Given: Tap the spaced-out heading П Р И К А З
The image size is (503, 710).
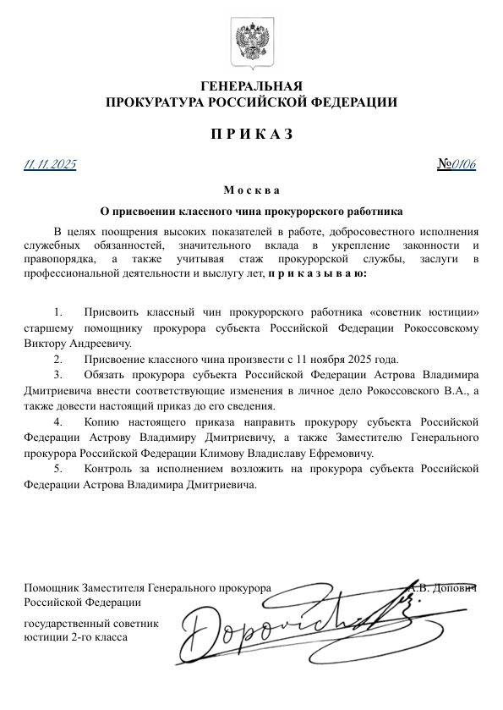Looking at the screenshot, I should click(251, 135).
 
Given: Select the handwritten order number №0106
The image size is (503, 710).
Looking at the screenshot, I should click(457, 164).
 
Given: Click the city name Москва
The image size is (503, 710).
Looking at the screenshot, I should click(251, 190).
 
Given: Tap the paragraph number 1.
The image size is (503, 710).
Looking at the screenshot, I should click(57, 313).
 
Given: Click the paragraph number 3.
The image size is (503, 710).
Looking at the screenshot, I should click(57, 374).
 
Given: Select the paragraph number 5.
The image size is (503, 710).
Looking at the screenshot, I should click(57, 470).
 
